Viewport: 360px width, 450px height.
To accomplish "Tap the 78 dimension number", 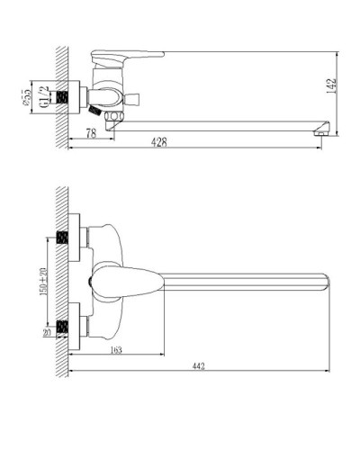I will [90, 132].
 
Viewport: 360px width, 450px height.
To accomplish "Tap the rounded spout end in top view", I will [321, 280].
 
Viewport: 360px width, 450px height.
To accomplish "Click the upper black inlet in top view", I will [62, 239].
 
